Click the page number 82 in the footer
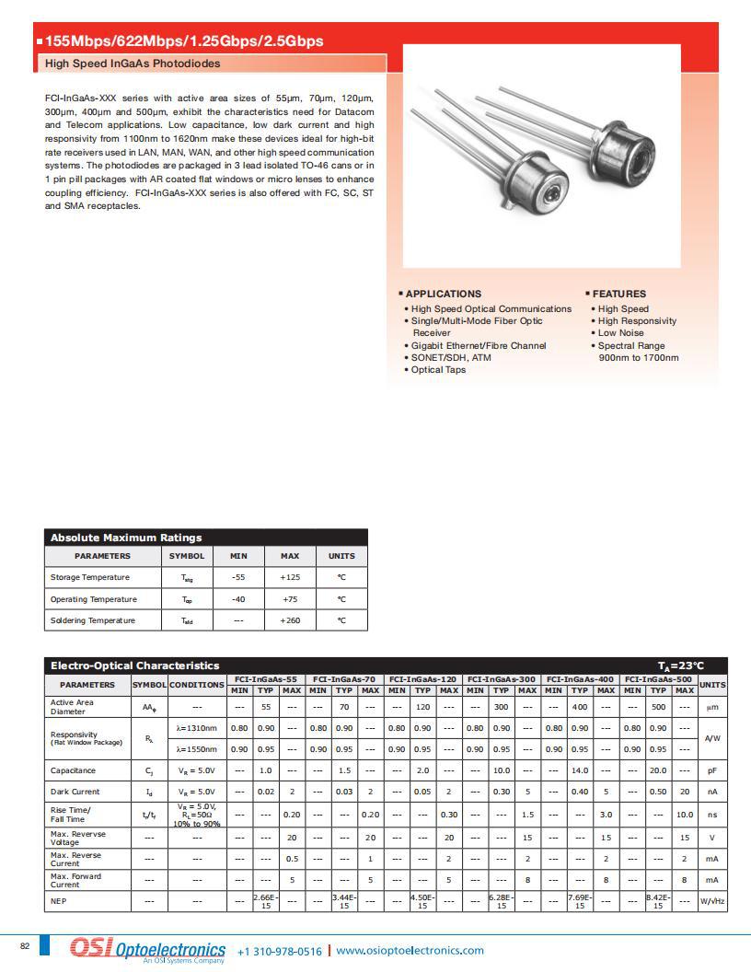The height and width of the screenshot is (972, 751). click(x=25, y=946)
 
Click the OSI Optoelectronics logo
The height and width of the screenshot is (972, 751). click(x=147, y=950)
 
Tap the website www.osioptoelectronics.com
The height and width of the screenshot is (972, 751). click(x=410, y=951)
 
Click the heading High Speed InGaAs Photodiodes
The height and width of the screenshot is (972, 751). click(x=133, y=64)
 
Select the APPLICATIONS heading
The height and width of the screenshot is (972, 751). click(x=444, y=294)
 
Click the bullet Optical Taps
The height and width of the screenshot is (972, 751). click(x=438, y=370)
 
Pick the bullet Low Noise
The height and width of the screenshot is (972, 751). click(x=621, y=333)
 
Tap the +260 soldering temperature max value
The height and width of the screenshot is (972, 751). click(x=290, y=620)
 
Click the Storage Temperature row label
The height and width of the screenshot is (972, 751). click(x=90, y=577)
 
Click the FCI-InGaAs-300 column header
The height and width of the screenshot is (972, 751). click(x=502, y=678)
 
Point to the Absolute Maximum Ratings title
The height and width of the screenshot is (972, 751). click(x=126, y=538)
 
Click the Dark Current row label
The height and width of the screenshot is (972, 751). click(x=75, y=792)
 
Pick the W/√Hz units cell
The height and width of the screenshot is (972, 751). click(x=712, y=901)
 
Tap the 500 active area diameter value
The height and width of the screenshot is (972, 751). click(x=658, y=707)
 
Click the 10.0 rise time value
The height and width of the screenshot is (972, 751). click(x=684, y=815)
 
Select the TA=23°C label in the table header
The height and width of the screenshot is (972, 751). click(x=680, y=665)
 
